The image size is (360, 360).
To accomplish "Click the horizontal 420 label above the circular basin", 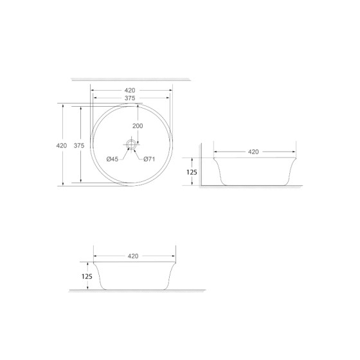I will (130, 90).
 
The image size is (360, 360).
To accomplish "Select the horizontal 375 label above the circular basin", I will (130, 98).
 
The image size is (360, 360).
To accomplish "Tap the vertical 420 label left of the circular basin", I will (62, 146).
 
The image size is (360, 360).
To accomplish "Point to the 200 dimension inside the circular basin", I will (138, 126).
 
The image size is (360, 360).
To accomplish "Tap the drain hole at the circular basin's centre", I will (131, 145).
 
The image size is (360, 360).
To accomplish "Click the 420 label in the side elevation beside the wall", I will (253, 152).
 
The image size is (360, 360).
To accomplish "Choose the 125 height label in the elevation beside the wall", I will (191, 172).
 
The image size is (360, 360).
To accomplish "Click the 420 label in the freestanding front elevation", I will (133, 255).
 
